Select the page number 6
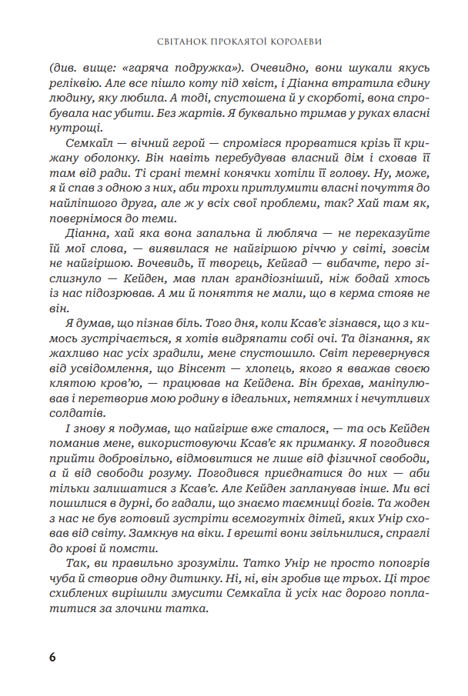52,657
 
